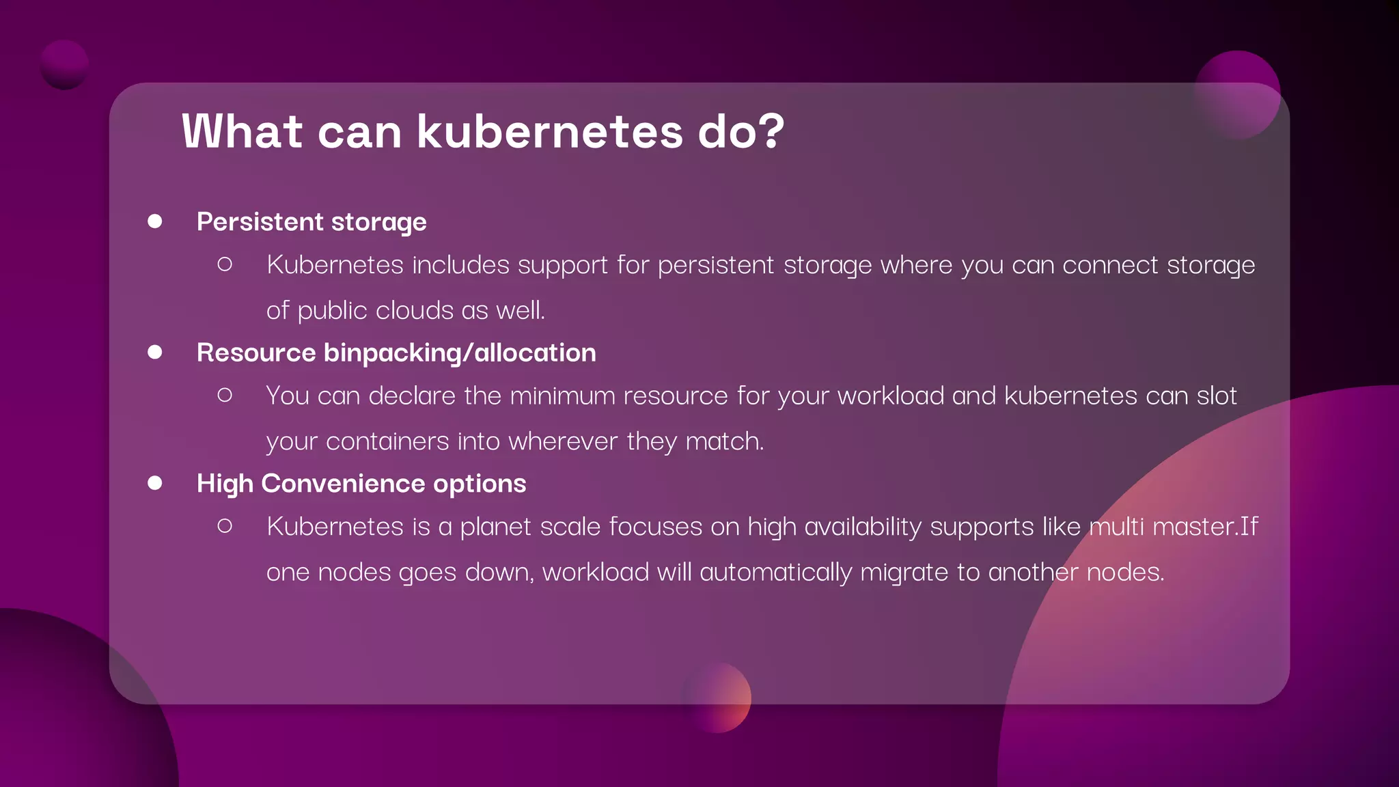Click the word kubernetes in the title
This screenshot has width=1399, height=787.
pyautogui.click(x=550, y=131)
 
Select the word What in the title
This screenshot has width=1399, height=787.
pyautogui.click(x=242, y=131)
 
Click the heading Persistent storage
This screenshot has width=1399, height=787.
pyautogui.click(x=311, y=222)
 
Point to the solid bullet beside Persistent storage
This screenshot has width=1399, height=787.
pyautogui.click(x=155, y=221)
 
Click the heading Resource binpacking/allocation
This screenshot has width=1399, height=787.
pyautogui.click(x=396, y=353)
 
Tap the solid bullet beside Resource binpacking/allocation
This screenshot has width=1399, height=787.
pyautogui.click(x=155, y=352)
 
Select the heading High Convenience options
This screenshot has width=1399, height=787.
pyautogui.click(x=361, y=484)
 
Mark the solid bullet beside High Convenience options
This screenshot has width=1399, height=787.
pyautogui.click(x=155, y=483)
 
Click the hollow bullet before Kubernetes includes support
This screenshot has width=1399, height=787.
pyautogui.click(x=225, y=264)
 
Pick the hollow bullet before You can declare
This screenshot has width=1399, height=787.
pyautogui.click(x=225, y=395)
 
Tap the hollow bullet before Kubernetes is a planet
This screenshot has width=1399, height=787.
pyautogui.click(x=225, y=526)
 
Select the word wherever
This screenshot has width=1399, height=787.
pyautogui.click(x=563, y=441)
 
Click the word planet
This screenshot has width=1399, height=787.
pyautogui.click(x=495, y=527)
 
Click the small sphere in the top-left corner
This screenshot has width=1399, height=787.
pyautogui.click(x=64, y=65)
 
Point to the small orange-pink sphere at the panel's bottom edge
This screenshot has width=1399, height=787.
pyautogui.click(x=717, y=698)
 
